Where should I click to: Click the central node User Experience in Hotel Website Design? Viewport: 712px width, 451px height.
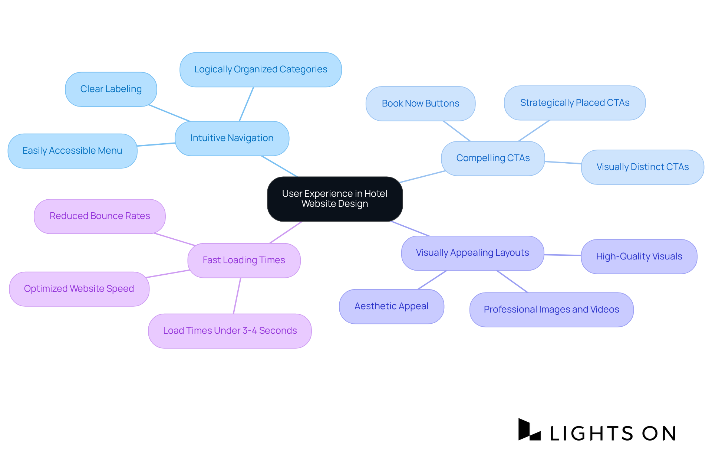(x=334, y=199)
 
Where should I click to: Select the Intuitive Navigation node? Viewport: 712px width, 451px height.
(x=232, y=138)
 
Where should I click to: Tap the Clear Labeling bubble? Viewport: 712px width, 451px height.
(x=111, y=89)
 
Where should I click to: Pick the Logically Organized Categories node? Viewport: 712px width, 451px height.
(x=260, y=69)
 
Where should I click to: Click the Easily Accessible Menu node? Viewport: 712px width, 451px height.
(x=72, y=151)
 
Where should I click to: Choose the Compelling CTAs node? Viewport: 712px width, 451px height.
(x=492, y=158)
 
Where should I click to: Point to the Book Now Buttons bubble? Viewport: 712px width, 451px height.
(x=420, y=104)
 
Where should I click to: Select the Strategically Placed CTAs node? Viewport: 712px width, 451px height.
(x=574, y=103)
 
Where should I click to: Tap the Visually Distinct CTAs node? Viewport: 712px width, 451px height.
(x=642, y=167)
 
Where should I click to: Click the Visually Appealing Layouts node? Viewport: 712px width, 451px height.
(x=472, y=253)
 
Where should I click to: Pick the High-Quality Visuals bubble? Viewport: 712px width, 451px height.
(x=639, y=256)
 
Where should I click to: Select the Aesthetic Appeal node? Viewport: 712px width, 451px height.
(x=391, y=306)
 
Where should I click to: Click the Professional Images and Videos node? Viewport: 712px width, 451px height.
(x=551, y=310)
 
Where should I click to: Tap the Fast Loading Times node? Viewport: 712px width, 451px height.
(x=244, y=260)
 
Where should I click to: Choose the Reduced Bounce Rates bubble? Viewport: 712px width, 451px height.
(x=99, y=216)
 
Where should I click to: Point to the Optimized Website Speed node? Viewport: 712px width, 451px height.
(x=79, y=289)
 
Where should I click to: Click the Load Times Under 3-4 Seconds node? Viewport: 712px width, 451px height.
(x=230, y=331)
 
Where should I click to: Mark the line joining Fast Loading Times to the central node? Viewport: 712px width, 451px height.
(x=286, y=232)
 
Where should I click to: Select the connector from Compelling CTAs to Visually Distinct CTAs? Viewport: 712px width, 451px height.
(x=563, y=163)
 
